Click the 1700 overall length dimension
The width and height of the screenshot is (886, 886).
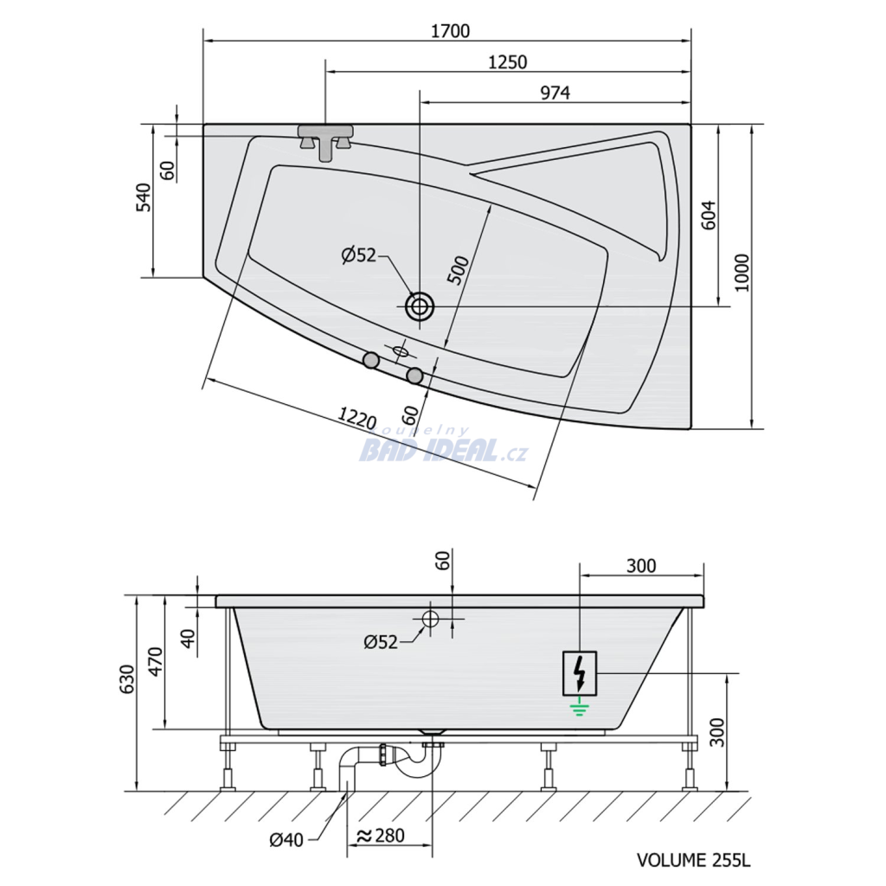coord(450,30)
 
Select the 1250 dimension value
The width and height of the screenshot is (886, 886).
coord(507,61)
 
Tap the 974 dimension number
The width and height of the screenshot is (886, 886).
coord(555,93)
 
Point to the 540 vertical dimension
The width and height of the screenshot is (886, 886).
coord(144,197)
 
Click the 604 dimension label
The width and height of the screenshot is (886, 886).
coord(709,215)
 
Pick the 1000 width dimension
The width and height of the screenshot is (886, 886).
coord(742,273)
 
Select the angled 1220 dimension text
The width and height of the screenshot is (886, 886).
coord(356,418)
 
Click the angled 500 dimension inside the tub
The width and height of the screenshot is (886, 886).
coord(459,270)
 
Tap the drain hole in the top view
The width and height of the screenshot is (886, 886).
coord(420,306)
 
